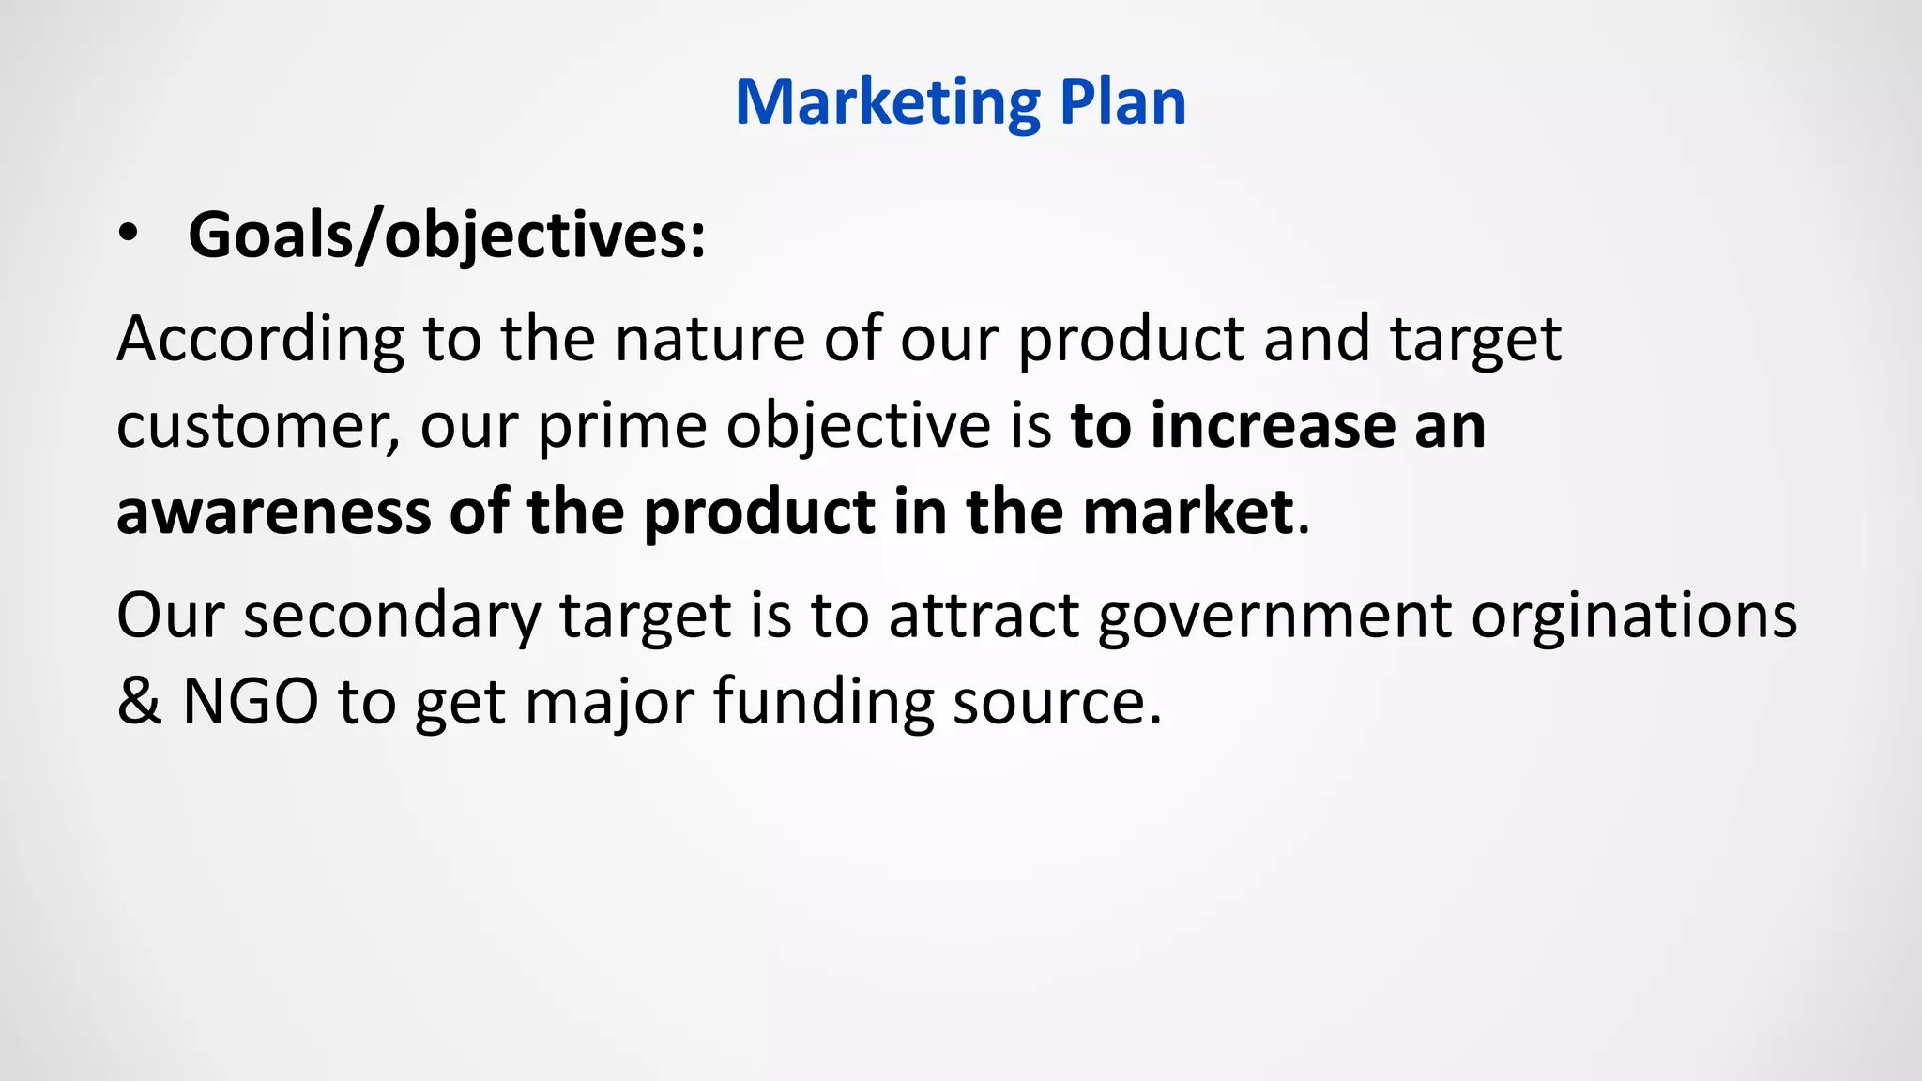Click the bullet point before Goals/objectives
129,235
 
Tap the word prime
621,427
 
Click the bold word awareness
273,512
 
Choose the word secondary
391,617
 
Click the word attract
983,617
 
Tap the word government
1274,617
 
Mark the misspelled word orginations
1633,617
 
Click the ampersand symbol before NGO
139,701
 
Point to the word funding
823,701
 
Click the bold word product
759,514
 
